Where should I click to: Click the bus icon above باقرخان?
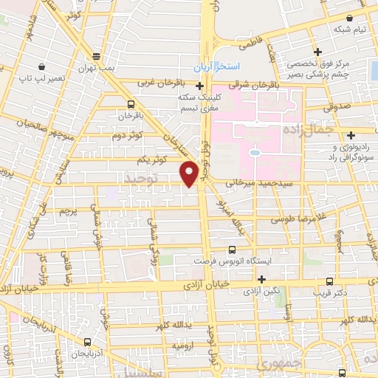131,104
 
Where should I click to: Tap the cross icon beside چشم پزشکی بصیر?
317,52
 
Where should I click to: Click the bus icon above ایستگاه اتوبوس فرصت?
233,250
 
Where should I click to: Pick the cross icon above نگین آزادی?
261,278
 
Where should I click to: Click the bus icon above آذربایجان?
89,342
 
